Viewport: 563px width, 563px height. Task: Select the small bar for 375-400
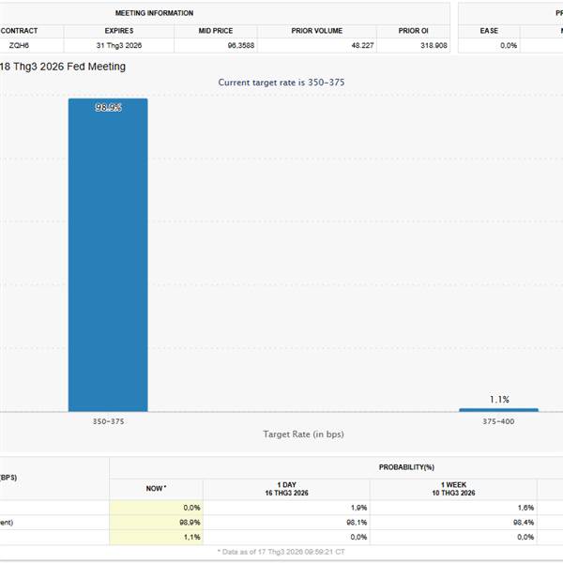coord(498,409)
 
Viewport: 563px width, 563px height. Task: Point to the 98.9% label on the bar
coord(108,108)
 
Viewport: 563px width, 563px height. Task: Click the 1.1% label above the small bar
coord(498,399)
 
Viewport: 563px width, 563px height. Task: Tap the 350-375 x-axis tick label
coord(108,422)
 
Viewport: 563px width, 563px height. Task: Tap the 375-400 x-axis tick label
coord(498,422)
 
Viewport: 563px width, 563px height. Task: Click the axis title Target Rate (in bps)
coord(301,434)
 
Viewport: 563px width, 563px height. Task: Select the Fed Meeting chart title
coord(63,67)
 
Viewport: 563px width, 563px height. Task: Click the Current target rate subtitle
coord(281,83)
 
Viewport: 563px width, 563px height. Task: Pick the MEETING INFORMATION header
coord(155,13)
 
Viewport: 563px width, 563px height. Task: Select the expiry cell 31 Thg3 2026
coord(119,45)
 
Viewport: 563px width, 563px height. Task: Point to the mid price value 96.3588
coord(216,45)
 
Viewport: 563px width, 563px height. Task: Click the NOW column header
coord(156,488)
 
